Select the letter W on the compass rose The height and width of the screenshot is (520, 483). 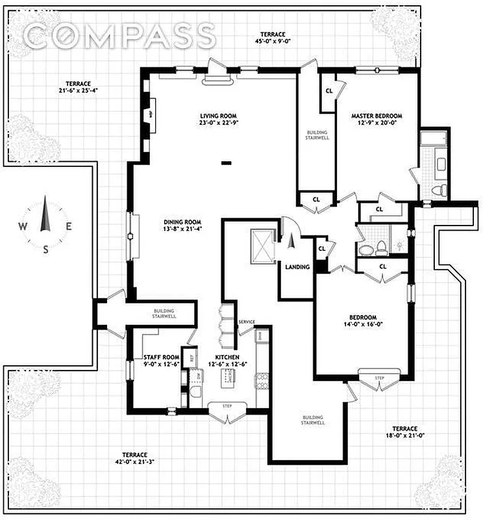click(x=22, y=227)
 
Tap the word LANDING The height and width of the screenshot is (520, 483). click(x=297, y=266)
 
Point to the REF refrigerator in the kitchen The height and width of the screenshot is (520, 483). click(x=192, y=357)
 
